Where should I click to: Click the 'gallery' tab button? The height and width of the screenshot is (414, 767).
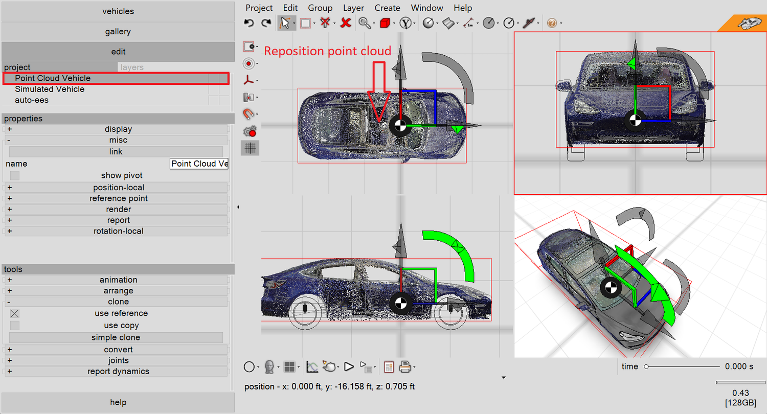pos(118,32)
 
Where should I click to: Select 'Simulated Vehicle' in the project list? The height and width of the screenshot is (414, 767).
pos(50,89)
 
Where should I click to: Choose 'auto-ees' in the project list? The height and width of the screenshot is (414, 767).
pos(32,100)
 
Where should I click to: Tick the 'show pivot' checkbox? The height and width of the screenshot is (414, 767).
pos(14,175)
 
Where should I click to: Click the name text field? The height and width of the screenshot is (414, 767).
pos(199,164)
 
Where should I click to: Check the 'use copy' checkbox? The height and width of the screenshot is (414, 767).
pos(14,326)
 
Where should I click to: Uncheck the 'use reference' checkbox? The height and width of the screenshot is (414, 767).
pos(14,313)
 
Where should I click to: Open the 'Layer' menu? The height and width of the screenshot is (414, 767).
pos(353,8)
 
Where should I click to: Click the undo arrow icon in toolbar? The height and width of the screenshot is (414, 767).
pos(249,23)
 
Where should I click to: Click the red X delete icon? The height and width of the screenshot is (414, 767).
pos(346,23)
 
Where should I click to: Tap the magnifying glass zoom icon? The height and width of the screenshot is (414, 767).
pos(364,23)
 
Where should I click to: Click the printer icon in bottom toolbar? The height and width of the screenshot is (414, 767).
pos(405,367)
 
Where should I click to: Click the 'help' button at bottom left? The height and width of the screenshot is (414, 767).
pos(118,402)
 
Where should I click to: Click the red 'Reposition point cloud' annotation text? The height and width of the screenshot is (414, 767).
pos(327,51)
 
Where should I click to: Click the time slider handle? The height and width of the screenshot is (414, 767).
pos(646,367)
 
